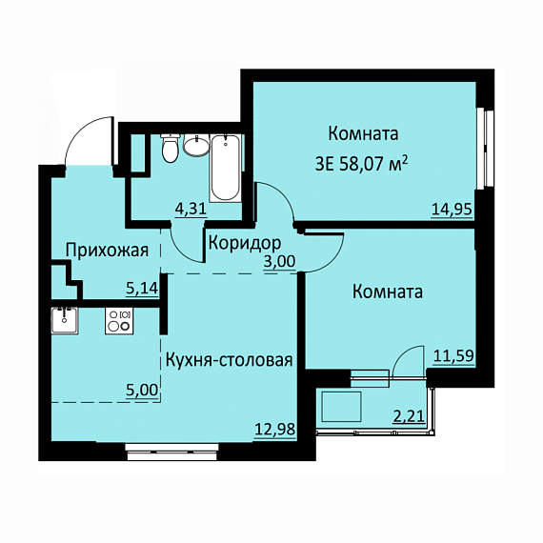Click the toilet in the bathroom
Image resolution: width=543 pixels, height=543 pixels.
click(x=171, y=148)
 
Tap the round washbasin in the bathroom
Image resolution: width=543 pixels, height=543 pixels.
click(x=196, y=146)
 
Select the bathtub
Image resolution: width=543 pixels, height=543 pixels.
click(x=226, y=169)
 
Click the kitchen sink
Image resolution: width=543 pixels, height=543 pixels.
click(x=65, y=320)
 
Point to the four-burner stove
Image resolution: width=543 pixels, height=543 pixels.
click(x=119, y=321)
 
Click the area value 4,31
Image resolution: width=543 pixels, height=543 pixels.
click(x=191, y=210)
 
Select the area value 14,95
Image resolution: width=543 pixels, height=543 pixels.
click(x=452, y=210)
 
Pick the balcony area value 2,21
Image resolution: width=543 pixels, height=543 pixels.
click(x=409, y=416)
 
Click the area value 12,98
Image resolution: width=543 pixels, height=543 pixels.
click(x=275, y=430)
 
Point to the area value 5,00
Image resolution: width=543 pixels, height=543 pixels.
click(x=142, y=390)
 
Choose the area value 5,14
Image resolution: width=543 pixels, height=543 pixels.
click(x=142, y=288)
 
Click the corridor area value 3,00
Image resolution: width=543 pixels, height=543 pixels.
click(x=279, y=261)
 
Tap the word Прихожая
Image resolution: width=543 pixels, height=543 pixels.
click(x=108, y=250)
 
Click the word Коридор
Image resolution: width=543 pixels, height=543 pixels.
click(x=245, y=244)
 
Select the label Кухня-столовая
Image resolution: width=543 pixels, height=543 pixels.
click(x=230, y=360)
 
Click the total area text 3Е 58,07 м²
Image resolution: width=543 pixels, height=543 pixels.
click(x=361, y=165)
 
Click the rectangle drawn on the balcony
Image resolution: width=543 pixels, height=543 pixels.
click(x=341, y=407)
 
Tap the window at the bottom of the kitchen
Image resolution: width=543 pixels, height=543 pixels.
click(x=172, y=452)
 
